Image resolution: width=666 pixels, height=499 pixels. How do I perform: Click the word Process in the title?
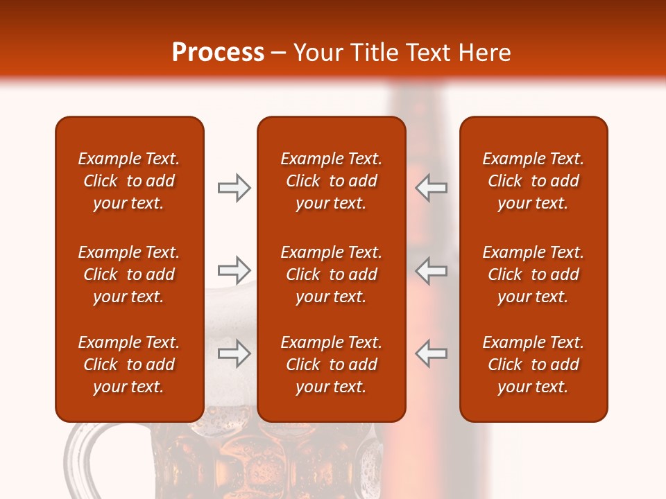point(218,53)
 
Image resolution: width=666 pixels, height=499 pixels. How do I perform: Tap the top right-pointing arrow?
point(234,188)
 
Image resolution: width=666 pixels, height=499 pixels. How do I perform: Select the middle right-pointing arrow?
point(234,270)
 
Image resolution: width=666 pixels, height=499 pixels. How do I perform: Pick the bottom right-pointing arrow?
point(234,353)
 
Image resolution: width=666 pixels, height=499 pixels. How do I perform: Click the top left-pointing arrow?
point(431,188)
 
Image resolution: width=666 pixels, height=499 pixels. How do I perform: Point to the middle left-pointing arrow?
point(431,270)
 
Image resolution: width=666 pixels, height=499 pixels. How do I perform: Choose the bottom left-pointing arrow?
point(431,353)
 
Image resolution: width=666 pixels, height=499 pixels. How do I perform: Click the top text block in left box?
point(129,181)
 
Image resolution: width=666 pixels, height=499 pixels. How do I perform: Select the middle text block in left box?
point(129,274)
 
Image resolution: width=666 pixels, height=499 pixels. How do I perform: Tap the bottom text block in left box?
point(129,365)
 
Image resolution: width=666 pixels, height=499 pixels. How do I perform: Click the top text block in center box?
point(331,181)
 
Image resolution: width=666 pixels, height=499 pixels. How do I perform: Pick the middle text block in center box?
point(331,274)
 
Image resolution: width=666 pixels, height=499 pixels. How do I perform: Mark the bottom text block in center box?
point(331,365)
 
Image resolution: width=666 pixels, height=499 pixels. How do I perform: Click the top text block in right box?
point(533,181)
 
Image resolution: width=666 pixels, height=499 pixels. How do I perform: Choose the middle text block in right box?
point(533,274)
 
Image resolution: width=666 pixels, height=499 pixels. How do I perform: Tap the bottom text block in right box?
point(533,365)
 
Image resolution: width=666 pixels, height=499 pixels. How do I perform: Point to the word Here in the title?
point(486,53)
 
